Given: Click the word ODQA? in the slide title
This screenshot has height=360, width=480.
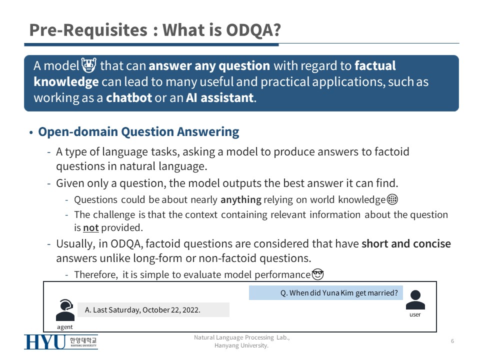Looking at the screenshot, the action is coord(253,30).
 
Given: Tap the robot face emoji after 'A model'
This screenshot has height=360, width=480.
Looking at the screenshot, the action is coord(89,65).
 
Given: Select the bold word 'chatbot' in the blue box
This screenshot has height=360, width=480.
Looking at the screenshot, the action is coord(129,97).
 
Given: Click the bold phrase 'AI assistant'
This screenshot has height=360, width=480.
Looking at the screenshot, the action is coord(220,97).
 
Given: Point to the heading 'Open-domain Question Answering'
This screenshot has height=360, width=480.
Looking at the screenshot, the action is coord(138,131).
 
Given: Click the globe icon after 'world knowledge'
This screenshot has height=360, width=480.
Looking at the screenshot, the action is coord(392,199).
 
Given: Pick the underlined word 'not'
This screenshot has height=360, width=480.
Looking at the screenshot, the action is coord(91,228).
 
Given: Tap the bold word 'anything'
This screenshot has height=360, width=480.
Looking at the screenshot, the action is coord(241,199).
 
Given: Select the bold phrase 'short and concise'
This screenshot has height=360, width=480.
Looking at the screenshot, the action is coord(406,243).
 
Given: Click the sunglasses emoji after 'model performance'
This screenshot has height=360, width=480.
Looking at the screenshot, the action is coord(318,274).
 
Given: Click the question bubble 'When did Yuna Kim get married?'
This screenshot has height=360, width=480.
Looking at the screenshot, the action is coord(325,293).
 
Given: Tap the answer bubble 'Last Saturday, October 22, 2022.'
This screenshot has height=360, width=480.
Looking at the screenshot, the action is coord(153,310).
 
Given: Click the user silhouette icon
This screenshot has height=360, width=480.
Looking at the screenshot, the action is coord(415,299).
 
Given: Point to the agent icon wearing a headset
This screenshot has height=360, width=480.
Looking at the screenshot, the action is coord(65,310).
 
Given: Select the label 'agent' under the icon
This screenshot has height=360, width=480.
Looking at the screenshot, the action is coord(65,327).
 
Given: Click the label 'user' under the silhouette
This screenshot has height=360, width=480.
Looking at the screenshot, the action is coord(415,314).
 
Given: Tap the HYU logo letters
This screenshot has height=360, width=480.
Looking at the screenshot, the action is coord(45,342).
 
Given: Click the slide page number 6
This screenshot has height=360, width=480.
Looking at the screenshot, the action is coord(452,341).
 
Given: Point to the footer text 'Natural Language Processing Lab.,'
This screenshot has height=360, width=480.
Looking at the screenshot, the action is coord(242,337).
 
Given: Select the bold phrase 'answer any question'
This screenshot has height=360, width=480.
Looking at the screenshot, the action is coord(209,66).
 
